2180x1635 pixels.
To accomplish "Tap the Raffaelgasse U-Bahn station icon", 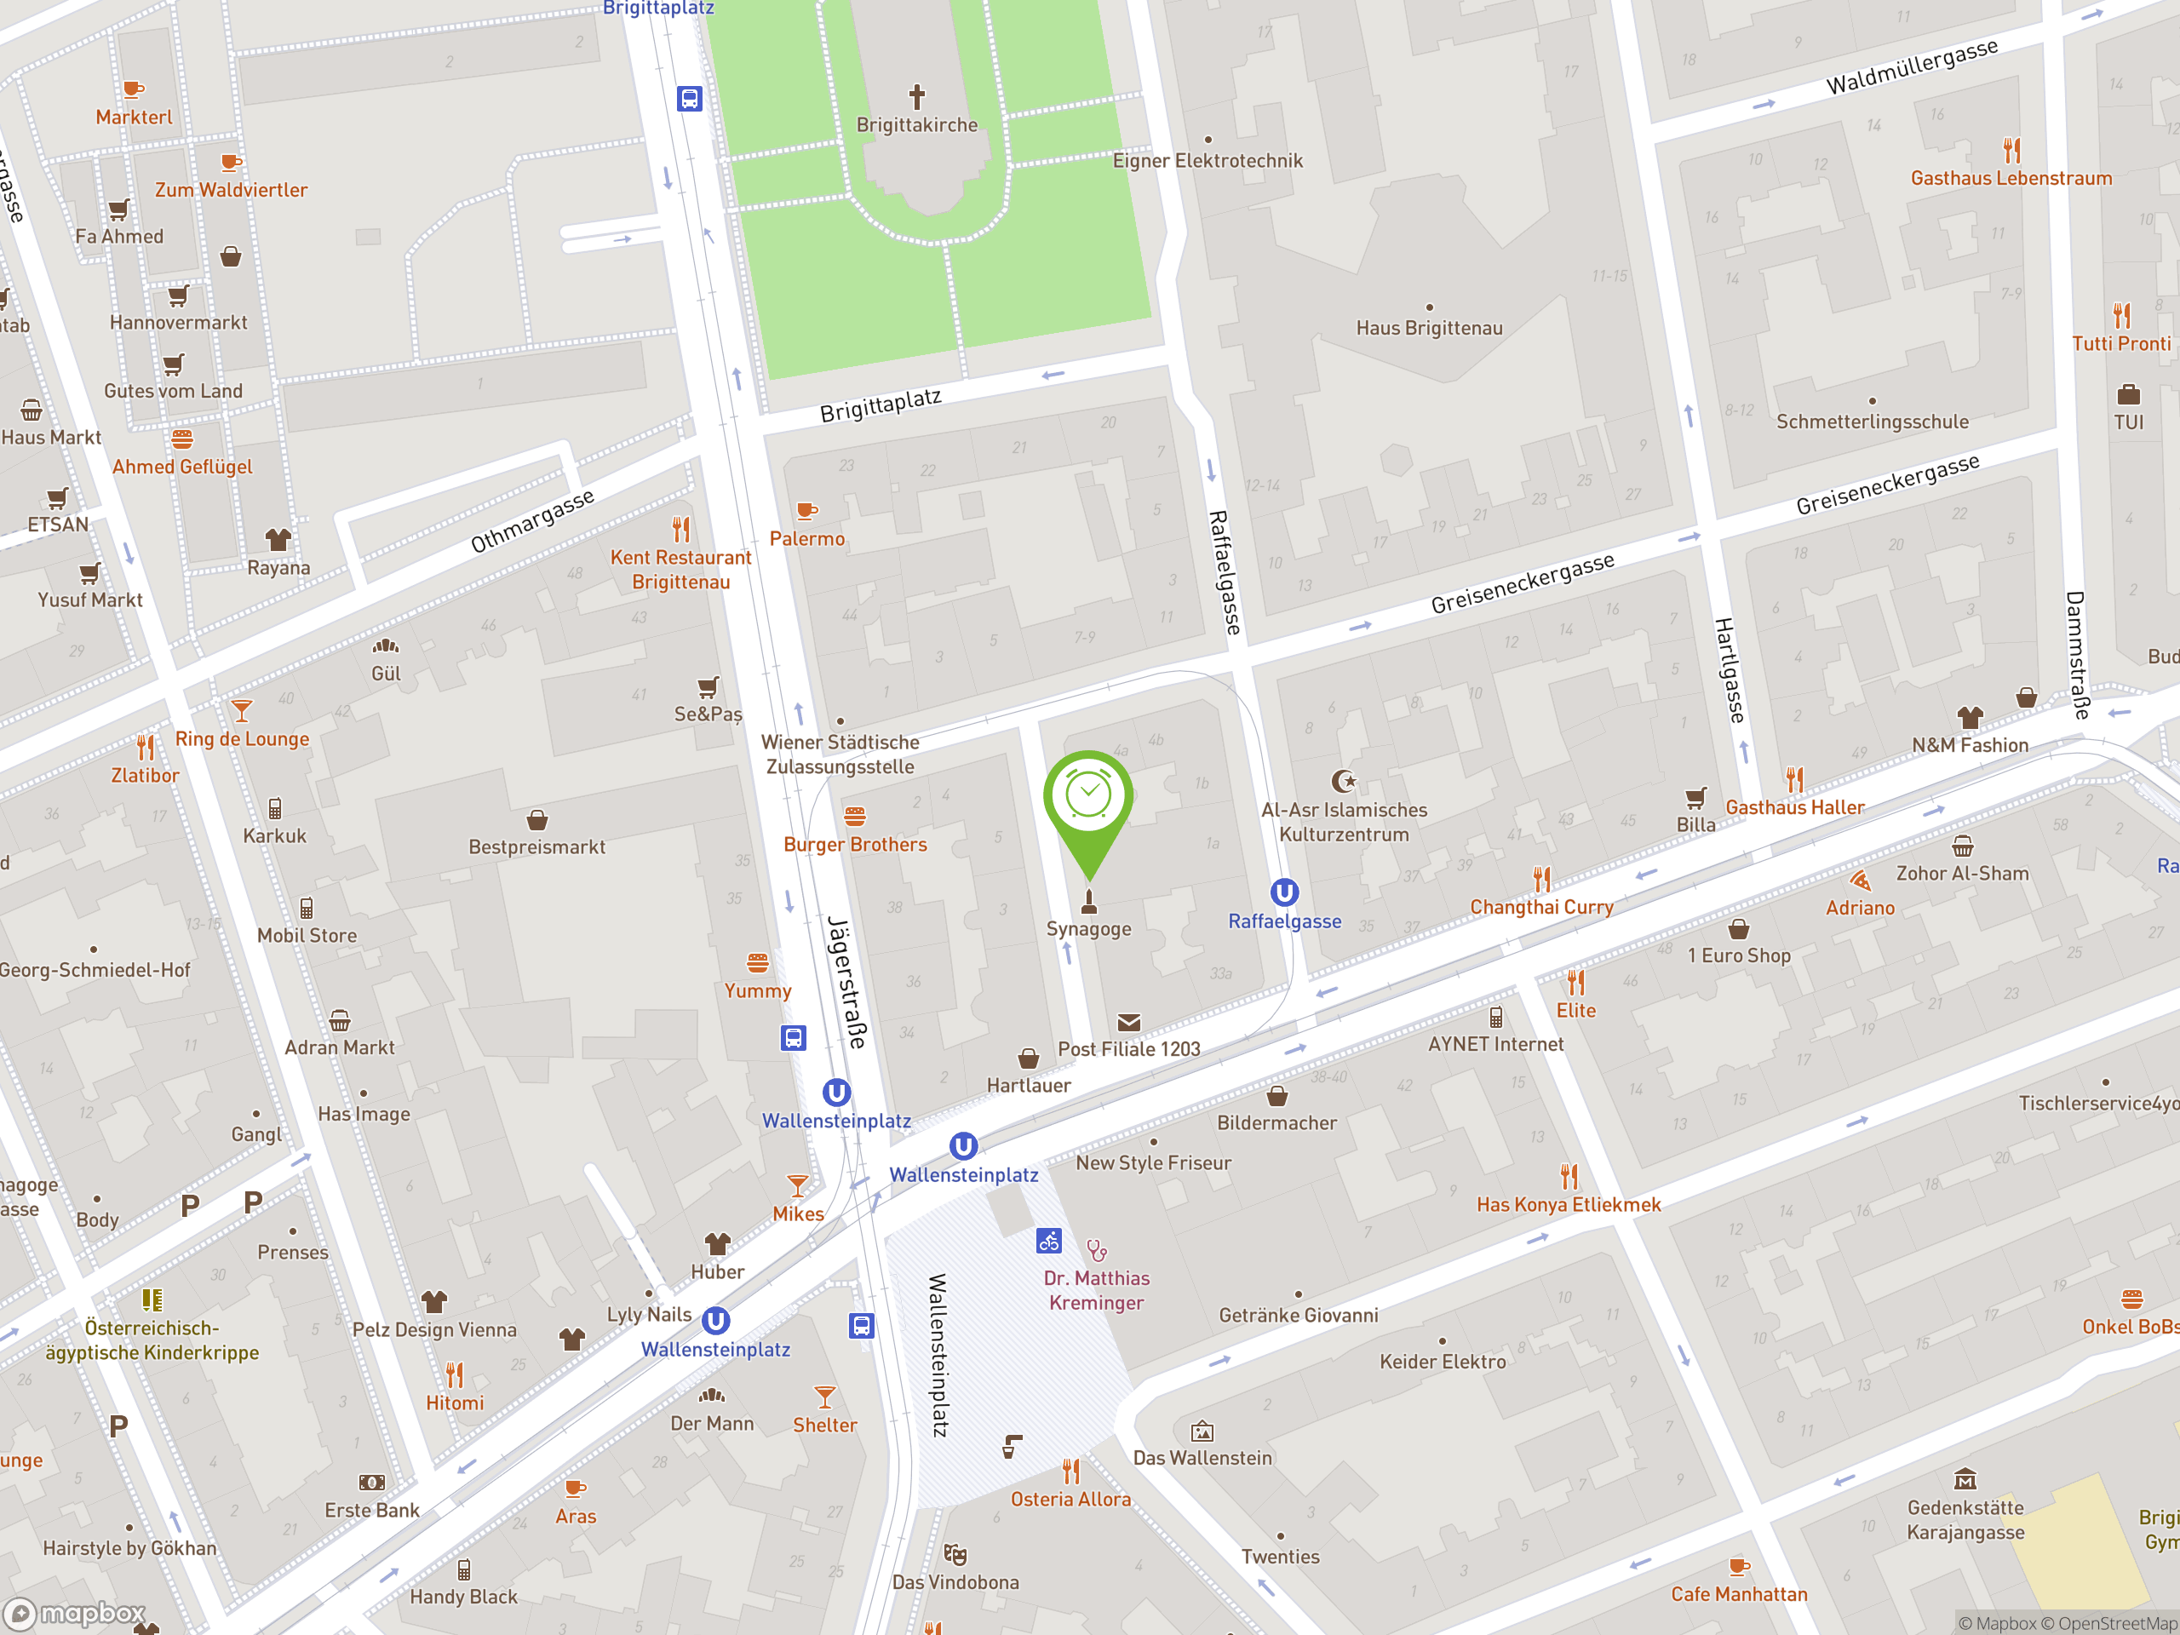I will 1283,893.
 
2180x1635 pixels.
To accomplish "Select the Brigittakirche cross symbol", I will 916,96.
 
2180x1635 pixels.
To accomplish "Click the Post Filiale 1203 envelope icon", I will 1128,1023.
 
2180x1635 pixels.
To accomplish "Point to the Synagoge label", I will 1088,928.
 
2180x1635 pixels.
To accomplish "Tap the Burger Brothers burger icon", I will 854,817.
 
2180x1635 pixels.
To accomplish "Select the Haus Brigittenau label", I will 1428,328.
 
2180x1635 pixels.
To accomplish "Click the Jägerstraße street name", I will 847,982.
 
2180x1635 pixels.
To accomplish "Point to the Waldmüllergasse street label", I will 1911,67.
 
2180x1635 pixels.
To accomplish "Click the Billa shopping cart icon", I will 1695,797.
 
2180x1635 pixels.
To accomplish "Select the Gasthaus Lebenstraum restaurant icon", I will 2011,151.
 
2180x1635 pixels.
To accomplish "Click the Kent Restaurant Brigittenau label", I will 680,570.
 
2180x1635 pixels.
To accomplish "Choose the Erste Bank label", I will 371,1510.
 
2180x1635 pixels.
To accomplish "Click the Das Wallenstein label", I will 1202,1458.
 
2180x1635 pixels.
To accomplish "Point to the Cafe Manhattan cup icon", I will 1739,1566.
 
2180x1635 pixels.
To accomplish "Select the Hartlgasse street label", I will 1729,670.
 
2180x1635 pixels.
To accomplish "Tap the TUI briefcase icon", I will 2128,395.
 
